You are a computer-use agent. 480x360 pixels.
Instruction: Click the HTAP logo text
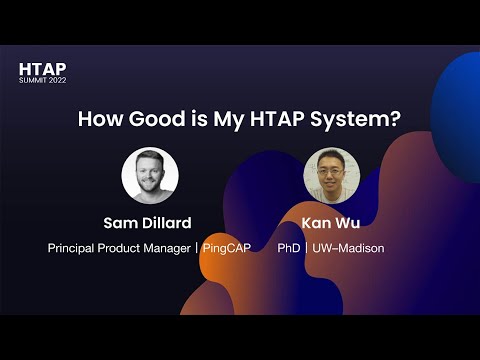tap(42, 69)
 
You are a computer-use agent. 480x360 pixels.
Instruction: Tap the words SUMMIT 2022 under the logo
tap(43, 81)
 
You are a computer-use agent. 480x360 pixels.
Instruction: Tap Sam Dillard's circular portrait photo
tap(149, 176)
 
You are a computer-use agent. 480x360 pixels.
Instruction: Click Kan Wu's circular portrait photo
tap(331, 176)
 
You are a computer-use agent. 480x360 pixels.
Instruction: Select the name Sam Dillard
tap(149, 222)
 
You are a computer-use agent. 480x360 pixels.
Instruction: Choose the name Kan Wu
tap(331, 222)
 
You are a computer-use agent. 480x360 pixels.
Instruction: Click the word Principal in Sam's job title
tap(74, 247)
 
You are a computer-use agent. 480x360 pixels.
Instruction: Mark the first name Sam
tap(121, 222)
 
